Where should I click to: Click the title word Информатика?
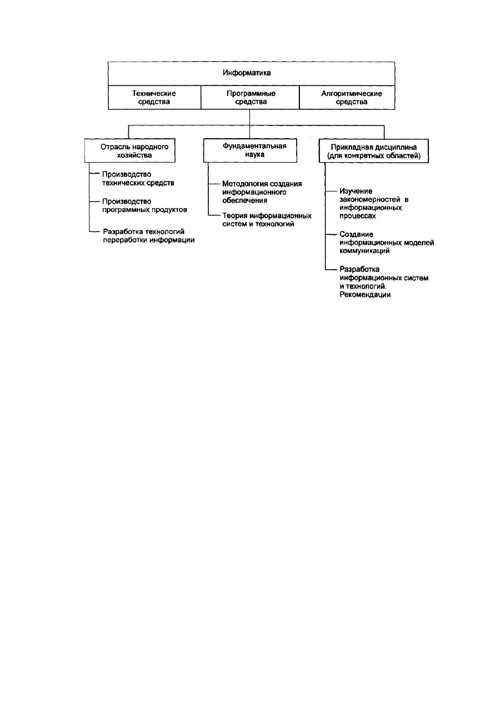pyautogui.click(x=247, y=73)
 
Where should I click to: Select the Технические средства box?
pyautogui.click(x=154, y=97)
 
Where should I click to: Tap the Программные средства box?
pyautogui.click(x=250, y=97)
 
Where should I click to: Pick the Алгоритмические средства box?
pyautogui.click(x=347, y=97)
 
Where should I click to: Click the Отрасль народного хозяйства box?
pyautogui.click(x=129, y=150)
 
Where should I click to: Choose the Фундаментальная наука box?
pyautogui.click(x=250, y=150)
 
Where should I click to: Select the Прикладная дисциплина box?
pyautogui.click(x=374, y=151)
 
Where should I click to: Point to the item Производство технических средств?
pyautogui.click(x=138, y=178)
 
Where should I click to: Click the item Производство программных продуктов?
pyautogui.click(x=144, y=205)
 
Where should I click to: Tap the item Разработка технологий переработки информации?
pyautogui.click(x=149, y=236)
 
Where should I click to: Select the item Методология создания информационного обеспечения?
pyautogui.click(x=262, y=192)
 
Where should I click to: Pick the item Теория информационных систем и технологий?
pyautogui.click(x=267, y=220)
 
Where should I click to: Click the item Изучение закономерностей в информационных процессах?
pyautogui.click(x=374, y=203)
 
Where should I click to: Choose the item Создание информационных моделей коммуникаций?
pyautogui.click(x=387, y=243)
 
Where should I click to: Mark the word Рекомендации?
pyautogui.click(x=365, y=295)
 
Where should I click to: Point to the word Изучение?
pyautogui.click(x=356, y=191)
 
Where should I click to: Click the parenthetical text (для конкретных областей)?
pyautogui.click(x=374, y=155)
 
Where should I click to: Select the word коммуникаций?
pyautogui.click(x=364, y=251)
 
